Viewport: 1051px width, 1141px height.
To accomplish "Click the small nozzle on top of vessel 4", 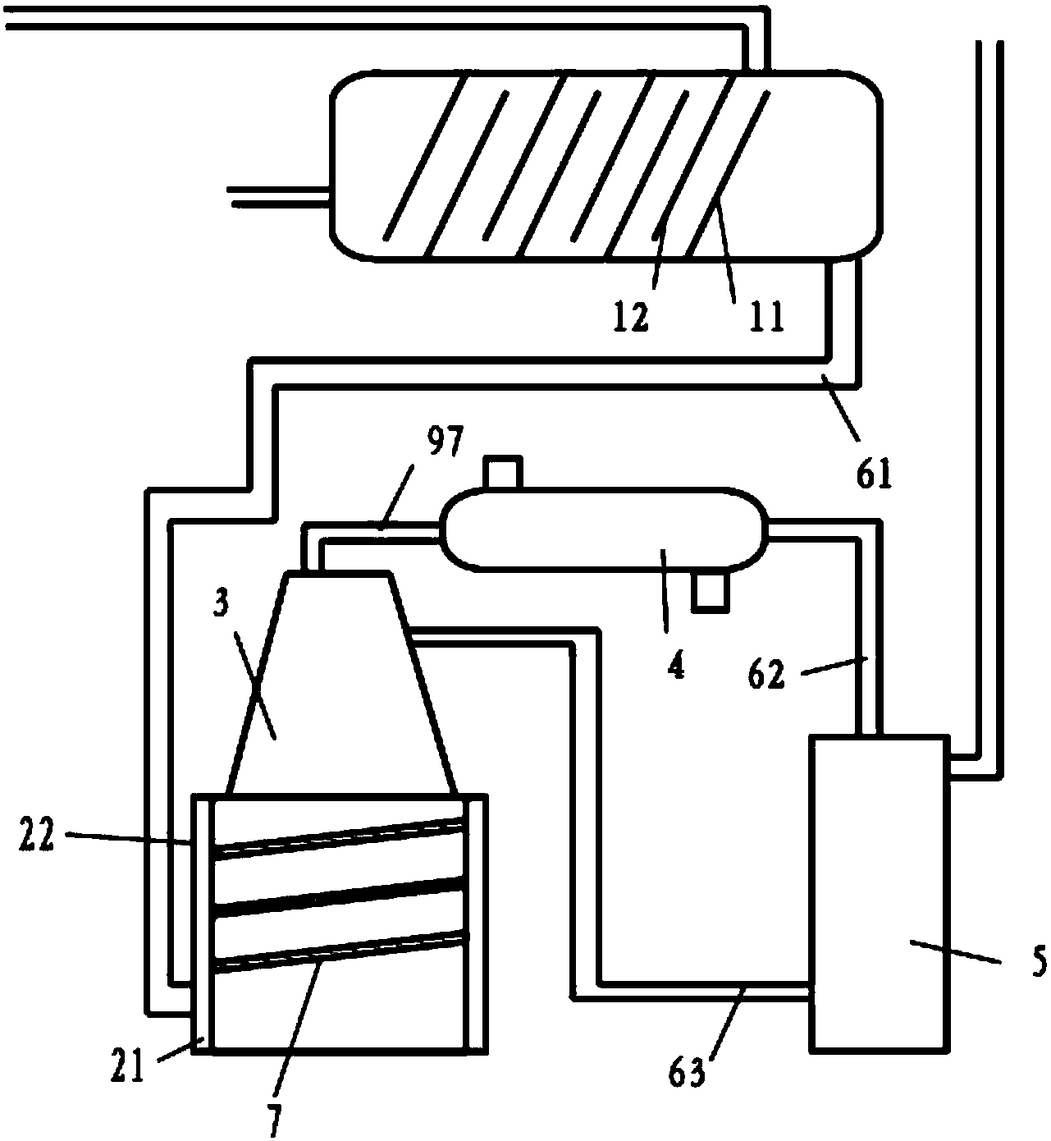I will [x=503, y=472].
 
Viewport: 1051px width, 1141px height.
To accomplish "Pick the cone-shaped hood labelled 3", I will [x=340, y=681].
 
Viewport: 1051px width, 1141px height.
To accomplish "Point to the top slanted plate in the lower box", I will [x=339, y=838].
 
